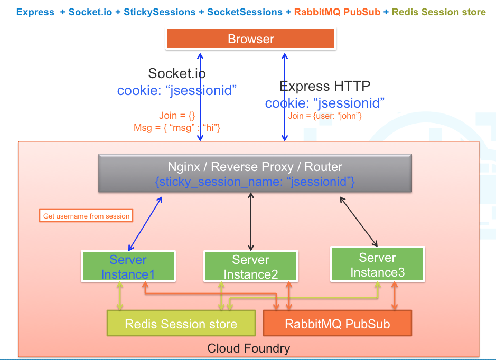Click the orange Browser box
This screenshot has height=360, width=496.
click(251, 39)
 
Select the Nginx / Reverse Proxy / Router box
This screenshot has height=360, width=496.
click(255, 174)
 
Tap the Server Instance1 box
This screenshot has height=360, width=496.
click(128, 267)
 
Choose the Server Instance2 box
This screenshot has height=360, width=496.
click(250, 267)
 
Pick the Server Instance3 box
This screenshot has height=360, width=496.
click(377, 264)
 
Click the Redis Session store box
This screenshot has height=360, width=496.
click(181, 324)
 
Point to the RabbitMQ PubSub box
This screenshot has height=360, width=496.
click(337, 323)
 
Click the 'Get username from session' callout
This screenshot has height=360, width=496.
click(86, 216)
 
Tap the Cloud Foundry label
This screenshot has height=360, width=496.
click(248, 348)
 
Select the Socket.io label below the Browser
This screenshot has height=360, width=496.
click(177, 73)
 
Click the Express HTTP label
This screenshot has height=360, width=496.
click(324, 86)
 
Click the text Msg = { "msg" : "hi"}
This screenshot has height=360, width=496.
click(177, 128)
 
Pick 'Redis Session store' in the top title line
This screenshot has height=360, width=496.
click(439, 12)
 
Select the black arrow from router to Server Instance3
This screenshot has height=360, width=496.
click(359, 222)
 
